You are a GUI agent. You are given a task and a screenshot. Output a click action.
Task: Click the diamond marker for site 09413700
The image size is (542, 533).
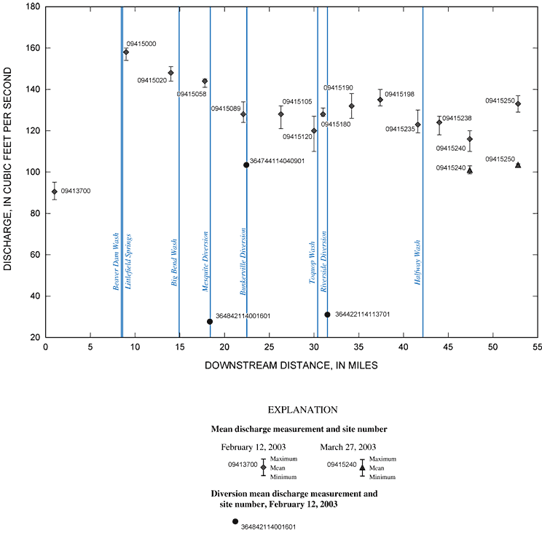(55, 192)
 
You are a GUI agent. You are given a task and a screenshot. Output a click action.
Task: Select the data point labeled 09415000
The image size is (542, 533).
(126, 52)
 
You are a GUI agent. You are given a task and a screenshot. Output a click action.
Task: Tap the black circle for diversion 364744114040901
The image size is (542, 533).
(246, 165)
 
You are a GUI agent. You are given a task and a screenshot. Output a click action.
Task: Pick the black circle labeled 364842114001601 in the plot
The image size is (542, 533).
(210, 321)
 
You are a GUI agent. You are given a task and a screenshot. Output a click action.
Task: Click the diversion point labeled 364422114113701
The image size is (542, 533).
(327, 315)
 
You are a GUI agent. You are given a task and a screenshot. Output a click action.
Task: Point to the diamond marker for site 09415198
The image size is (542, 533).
(380, 100)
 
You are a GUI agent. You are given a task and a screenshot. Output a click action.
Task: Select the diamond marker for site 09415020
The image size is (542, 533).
(170, 73)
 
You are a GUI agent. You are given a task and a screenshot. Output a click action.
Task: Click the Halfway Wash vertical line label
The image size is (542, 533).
(418, 263)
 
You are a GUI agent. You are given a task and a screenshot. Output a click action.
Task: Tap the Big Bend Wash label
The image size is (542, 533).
(175, 262)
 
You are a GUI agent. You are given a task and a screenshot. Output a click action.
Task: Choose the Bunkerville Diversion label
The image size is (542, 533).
(243, 261)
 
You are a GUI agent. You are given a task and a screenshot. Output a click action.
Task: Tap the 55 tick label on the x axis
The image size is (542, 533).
(538, 347)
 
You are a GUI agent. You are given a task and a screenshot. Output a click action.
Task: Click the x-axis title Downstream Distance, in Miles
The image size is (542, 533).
(291, 365)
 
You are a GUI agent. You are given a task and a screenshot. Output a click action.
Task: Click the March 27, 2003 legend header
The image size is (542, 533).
(350, 446)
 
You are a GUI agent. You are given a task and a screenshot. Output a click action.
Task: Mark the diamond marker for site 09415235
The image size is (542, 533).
(417, 125)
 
